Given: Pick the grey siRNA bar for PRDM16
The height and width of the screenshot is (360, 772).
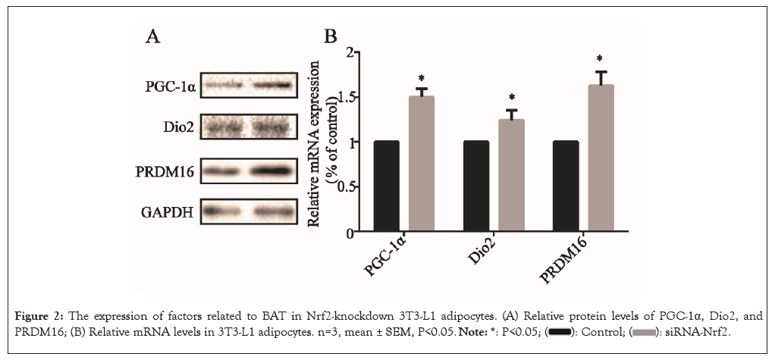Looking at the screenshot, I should coord(601,159).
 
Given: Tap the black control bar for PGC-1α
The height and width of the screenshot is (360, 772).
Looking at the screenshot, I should coord(387,186).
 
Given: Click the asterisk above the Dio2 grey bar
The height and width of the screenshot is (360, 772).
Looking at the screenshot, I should coord(512,98).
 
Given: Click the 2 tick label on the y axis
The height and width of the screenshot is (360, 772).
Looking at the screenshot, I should coord(350,52).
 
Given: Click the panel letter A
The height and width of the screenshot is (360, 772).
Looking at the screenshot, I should coord(152,37).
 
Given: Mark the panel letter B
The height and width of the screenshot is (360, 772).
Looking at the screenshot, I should coord(331,37).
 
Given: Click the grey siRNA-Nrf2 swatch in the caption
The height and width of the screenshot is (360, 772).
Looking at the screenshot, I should coord(645,332).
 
